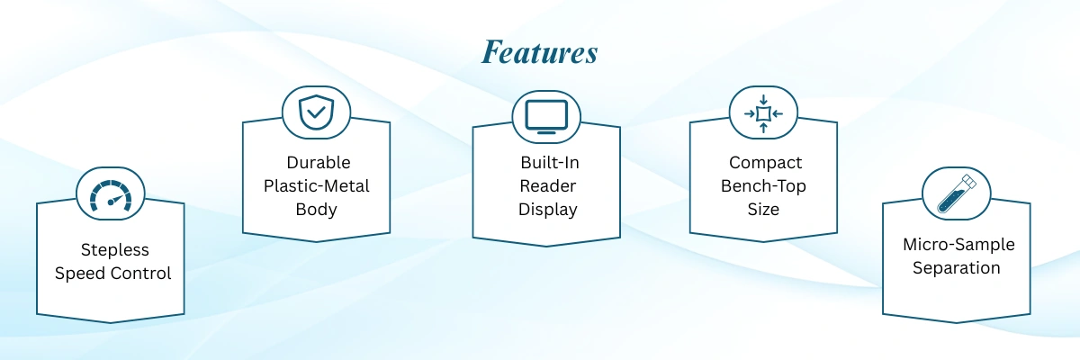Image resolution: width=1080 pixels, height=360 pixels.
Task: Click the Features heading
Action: pyautogui.click(x=539, y=52)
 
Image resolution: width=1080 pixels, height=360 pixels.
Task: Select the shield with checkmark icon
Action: pyautogui.click(x=316, y=112)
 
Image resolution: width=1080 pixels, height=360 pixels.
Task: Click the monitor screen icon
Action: pyautogui.click(x=546, y=117)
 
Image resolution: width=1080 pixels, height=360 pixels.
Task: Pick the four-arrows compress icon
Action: pyautogui.click(x=763, y=113)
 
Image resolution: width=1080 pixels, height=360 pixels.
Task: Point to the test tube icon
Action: pyautogui.click(x=957, y=193)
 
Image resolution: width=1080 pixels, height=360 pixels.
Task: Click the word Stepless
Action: pyautogui.click(x=115, y=250)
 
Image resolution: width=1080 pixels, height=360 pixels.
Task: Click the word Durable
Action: pyautogui.click(x=319, y=163)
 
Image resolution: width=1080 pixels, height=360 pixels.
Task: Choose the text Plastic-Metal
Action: pyautogui.click(x=316, y=186)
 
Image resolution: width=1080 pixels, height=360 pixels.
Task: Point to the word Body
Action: pyautogui.click(x=316, y=210)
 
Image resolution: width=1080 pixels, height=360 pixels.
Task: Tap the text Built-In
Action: pyautogui.click(x=550, y=163)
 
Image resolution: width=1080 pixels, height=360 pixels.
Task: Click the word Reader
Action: pyautogui.click(x=548, y=186)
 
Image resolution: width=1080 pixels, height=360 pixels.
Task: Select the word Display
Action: pyautogui.click(x=548, y=210)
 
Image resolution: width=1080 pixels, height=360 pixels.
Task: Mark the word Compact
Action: pyautogui.click(x=765, y=163)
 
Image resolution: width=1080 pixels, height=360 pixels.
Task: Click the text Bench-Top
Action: pyautogui.click(x=763, y=186)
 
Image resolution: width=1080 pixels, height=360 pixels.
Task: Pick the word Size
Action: pyautogui.click(x=763, y=210)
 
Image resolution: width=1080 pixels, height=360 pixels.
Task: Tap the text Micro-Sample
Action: pyautogui.click(x=958, y=245)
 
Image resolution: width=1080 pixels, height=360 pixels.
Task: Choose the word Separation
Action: pyautogui.click(x=957, y=268)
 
